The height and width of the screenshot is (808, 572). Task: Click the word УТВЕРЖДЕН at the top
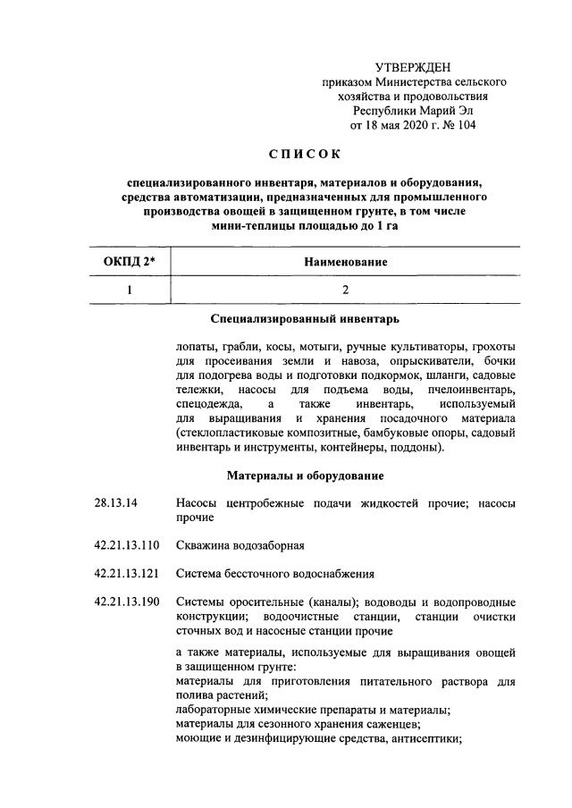point(413,67)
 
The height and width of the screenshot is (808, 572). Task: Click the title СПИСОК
point(305,154)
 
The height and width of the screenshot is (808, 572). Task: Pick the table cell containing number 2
point(344,290)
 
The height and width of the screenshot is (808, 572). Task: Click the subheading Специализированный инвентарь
point(304,318)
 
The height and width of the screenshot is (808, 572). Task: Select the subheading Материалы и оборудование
point(305,475)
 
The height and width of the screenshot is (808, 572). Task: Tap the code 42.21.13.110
point(126,544)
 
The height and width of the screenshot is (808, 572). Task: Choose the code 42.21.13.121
point(126,573)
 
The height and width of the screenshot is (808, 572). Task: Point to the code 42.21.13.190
point(126,602)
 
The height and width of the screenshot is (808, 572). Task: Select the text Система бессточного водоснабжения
point(275,573)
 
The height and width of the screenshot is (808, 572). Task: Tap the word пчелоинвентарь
point(474,391)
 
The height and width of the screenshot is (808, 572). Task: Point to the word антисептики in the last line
point(427,738)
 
